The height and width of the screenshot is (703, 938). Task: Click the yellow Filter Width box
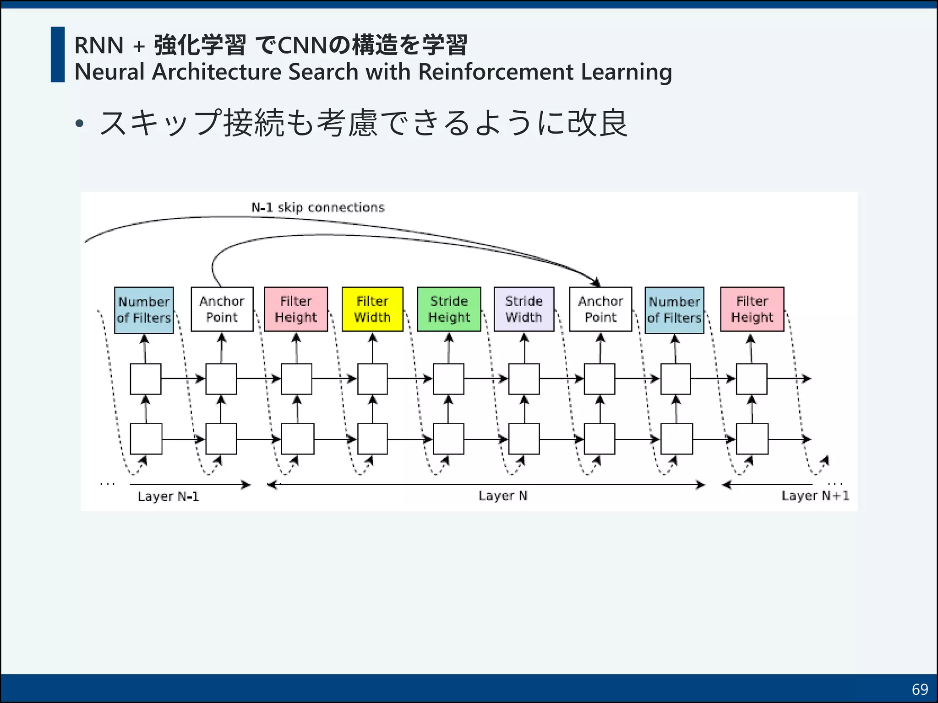[x=372, y=309]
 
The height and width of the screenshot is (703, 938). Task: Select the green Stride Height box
[x=449, y=309]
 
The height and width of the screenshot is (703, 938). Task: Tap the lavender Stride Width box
[x=524, y=309]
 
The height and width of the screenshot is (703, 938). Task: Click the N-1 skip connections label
[x=318, y=208]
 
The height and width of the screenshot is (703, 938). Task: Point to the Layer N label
[x=503, y=496]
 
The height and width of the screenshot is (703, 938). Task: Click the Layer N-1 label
[x=168, y=497]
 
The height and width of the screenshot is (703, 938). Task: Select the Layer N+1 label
[x=815, y=496]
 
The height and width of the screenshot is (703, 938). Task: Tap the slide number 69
[x=920, y=689]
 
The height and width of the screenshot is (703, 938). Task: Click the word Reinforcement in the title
[x=496, y=72]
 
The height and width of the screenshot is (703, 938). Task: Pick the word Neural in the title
[x=109, y=72]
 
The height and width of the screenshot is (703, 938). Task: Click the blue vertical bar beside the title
[x=58, y=54]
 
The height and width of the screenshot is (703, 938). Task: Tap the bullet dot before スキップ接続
[x=80, y=123]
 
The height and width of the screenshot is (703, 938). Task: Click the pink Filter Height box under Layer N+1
[x=752, y=309]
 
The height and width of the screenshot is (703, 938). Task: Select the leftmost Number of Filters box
[x=144, y=310]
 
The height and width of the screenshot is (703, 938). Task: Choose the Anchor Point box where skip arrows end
[x=600, y=309]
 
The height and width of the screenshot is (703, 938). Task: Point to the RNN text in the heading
[x=99, y=45]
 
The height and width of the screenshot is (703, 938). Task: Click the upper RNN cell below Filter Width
[x=372, y=379]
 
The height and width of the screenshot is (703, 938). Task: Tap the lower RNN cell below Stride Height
[x=448, y=439]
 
